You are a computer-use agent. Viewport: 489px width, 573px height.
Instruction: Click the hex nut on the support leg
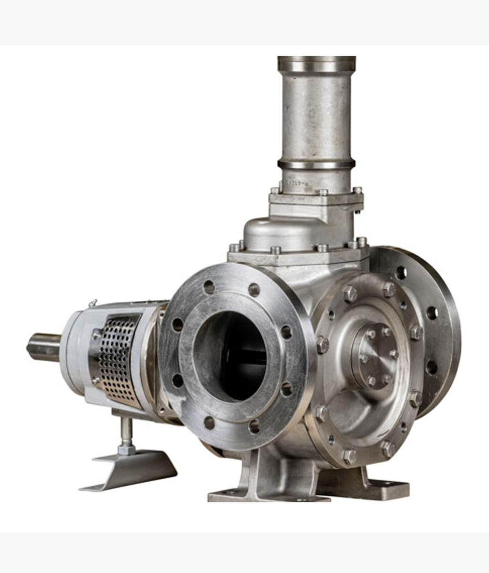coord(126,449)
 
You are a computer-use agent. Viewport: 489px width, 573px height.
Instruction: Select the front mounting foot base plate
coord(267,495)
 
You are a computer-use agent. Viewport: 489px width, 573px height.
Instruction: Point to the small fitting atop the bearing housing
coord(93,303)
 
